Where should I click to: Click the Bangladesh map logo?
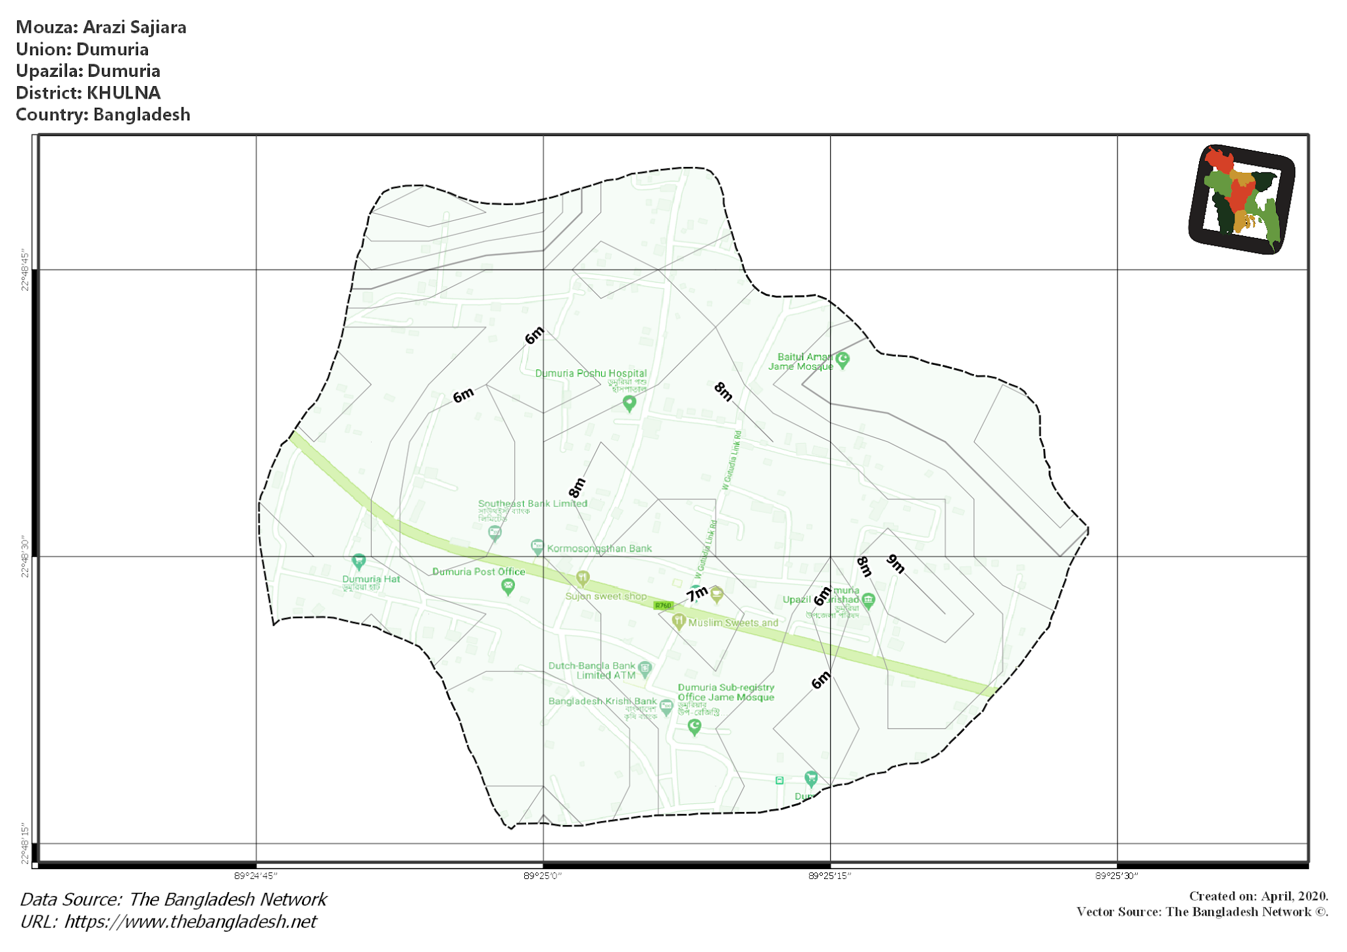click(x=1241, y=199)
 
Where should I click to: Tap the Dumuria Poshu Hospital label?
click(x=591, y=373)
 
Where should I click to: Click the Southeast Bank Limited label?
click(x=532, y=504)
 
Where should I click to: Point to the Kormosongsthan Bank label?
click(x=599, y=548)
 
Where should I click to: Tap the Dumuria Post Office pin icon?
click(x=508, y=586)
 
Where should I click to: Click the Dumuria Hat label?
click(x=371, y=579)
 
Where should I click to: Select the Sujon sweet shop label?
click(x=606, y=596)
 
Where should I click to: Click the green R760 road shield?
click(x=663, y=606)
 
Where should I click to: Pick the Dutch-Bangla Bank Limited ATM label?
click(x=592, y=671)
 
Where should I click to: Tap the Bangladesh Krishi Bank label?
click(x=602, y=702)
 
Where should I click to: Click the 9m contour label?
click(x=896, y=563)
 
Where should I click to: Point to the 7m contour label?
click(x=697, y=594)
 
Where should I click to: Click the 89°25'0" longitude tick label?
click(x=543, y=876)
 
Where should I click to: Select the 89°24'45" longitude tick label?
click(x=256, y=876)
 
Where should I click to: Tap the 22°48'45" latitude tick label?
click(x=25, y=270)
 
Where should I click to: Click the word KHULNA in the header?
click(x=124, y=93)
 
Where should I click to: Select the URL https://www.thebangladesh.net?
click(x=190, y=922)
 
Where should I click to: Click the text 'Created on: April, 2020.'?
click(x=1258, y=896)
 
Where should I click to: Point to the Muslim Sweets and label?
click(x=733, y=623)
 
